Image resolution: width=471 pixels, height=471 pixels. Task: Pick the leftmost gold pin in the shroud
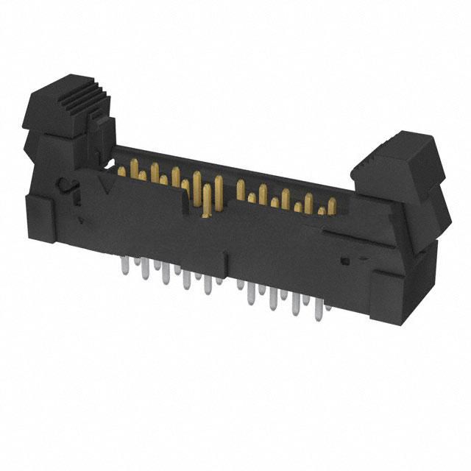click(x=121, y=171)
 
